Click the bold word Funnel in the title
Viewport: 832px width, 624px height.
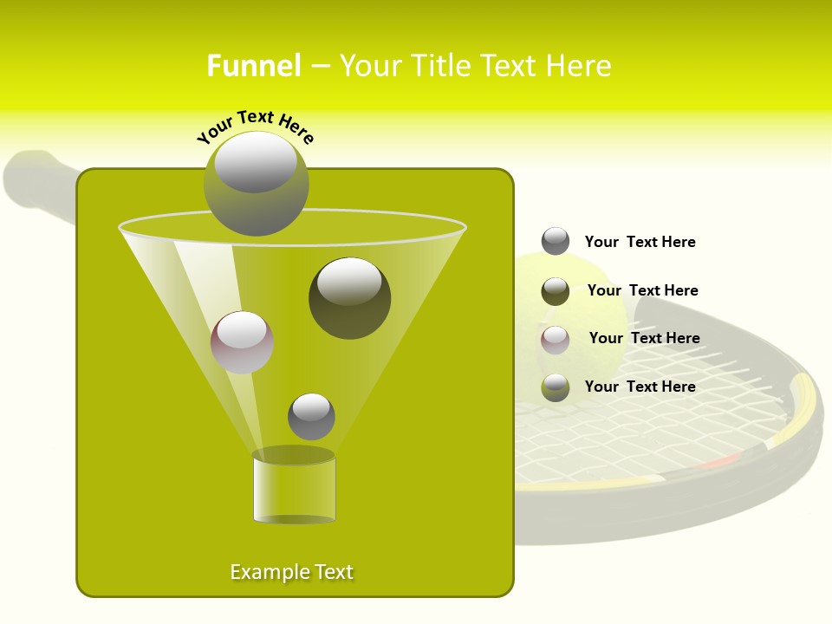[253, 66]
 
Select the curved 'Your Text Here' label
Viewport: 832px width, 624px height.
[255, 125]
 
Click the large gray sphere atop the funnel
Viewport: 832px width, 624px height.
[257, 183]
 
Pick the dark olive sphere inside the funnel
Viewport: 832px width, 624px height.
[349, 298]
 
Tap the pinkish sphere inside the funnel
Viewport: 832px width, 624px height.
[242, 342]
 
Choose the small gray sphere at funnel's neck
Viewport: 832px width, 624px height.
[311, 416]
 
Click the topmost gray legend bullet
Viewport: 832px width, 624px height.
[556, 241]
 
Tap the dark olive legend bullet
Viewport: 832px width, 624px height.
[556, 291]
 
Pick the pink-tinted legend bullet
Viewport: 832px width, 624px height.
[556, 339]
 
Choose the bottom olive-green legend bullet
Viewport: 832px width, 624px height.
[556, 387]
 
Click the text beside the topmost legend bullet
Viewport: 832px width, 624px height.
[640, 242]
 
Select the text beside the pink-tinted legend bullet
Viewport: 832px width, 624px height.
[644, 338]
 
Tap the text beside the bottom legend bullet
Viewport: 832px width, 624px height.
[640, 387]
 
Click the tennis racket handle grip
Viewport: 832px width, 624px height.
[35, 178]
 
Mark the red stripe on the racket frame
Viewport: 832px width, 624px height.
[717, 461]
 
